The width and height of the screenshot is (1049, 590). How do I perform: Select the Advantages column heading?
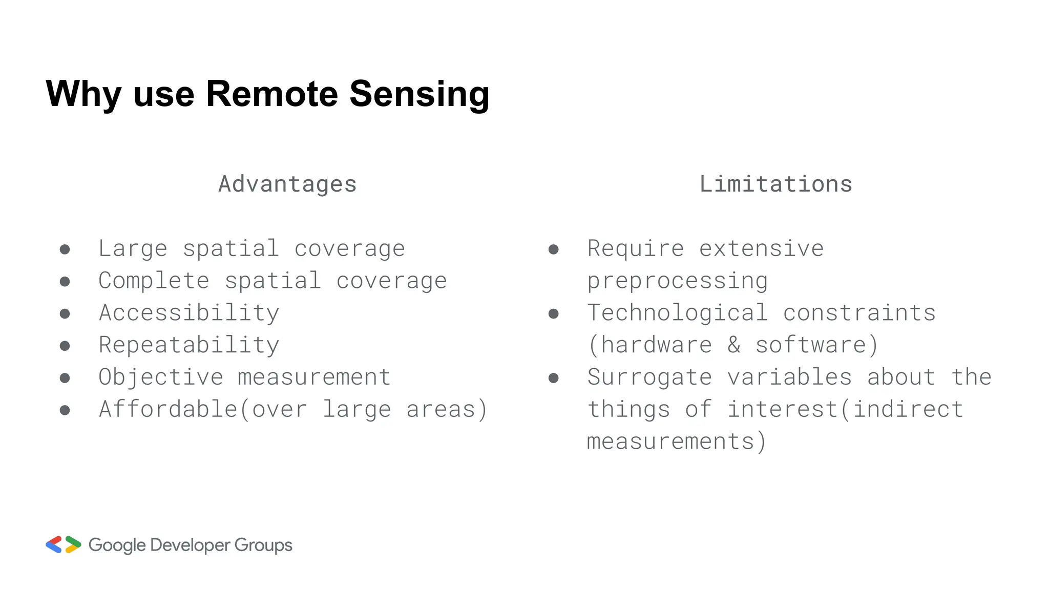[287, 184]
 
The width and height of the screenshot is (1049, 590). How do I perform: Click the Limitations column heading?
[775, 184]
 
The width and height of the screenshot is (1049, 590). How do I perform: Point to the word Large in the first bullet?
[133, 249]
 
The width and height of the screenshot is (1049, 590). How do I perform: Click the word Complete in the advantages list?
[154, 281]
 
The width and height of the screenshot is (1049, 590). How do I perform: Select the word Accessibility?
[189, 313]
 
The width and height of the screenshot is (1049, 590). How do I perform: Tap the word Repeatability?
[189, 345]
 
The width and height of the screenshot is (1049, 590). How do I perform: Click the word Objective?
[161, 377]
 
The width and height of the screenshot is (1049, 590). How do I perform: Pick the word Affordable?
[168, 409]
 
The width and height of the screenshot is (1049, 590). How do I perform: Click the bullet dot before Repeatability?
[65, 346]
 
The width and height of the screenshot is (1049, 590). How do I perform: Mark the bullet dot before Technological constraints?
[553, 314]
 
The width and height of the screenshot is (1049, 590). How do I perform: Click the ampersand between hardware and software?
[734, 345]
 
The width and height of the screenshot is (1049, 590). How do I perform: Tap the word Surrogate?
[649, 377]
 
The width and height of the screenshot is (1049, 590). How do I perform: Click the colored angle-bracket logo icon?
[64, 545]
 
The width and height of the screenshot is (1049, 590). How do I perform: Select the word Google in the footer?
[117, 545]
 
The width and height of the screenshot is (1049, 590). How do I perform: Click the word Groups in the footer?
[263, 545]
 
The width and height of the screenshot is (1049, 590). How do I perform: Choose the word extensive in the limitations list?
[761, 249]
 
